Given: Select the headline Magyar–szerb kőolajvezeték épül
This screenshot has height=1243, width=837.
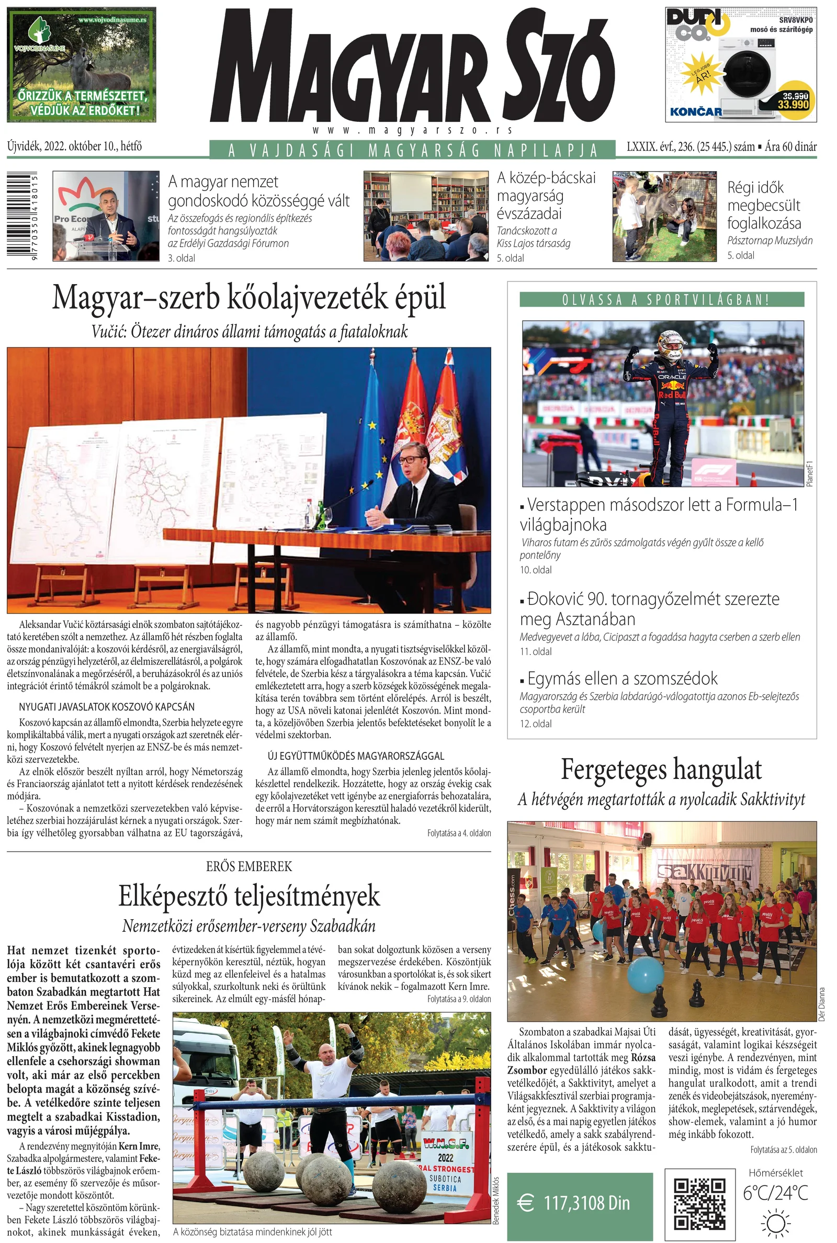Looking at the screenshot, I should point(249,298).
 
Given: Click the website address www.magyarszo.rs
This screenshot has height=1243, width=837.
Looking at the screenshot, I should point(412,130).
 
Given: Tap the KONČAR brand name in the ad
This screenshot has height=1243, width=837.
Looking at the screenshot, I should point(696,111).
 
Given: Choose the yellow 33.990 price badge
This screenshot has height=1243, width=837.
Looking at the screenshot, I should point(794,100).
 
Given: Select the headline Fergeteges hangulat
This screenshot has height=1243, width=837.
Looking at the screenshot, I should point(661,770).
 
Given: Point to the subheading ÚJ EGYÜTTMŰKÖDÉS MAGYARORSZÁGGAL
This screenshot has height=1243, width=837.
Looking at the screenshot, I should point(356,756).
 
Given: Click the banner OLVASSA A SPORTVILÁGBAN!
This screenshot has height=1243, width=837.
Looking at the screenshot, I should point(661,299).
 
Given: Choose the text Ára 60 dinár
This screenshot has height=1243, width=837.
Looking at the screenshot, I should point(790,147).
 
